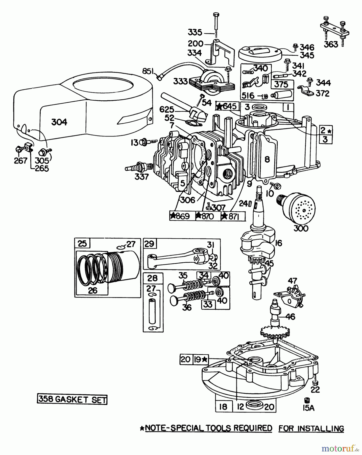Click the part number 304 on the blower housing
click(x=59, y=122)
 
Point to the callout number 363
click(x=331, y=44)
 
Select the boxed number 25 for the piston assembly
click(x=83, y=244)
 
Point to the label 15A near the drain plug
click(x=308, y=408)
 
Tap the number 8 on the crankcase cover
click(x=267, y=159)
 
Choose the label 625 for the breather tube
click(x=167, y=110)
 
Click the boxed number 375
click(x=281, y=84)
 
